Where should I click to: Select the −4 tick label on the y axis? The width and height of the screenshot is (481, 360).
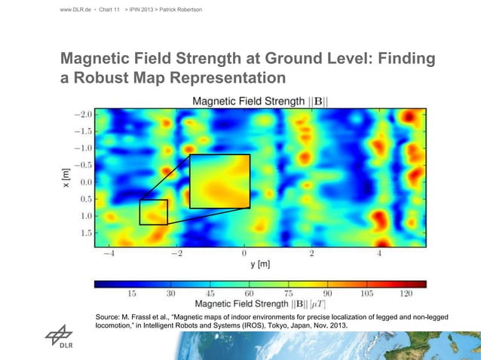point(109,254)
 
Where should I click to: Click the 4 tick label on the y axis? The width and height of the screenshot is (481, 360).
point(380,254)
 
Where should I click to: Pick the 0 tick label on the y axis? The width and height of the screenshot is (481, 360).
point(244,254)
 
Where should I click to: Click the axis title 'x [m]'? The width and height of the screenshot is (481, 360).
point(67,177)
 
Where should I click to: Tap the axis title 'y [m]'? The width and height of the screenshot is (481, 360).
point(259,264)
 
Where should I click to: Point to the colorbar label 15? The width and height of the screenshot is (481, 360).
point(131,293)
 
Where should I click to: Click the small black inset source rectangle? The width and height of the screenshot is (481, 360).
point(153,212)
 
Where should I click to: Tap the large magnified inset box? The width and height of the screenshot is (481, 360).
point(219,181)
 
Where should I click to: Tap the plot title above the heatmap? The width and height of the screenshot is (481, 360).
point(264,101)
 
